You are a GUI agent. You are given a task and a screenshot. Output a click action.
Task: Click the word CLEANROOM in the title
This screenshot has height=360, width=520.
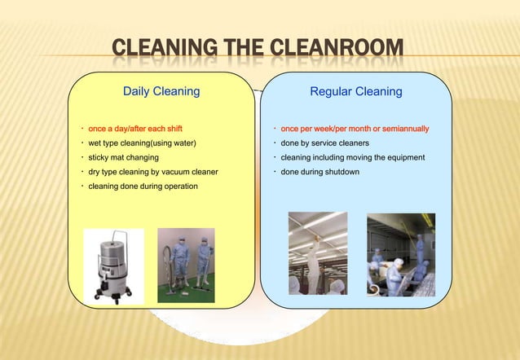pos(332,55)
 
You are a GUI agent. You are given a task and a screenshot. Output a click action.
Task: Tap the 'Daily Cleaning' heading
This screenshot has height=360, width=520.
pos(161,92)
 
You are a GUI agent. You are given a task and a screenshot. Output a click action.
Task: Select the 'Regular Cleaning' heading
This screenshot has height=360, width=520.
pos(356,92)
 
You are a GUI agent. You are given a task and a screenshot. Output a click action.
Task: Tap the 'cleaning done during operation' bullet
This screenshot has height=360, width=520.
pos(142,187)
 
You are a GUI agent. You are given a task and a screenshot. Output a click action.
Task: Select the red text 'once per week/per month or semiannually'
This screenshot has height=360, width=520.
pos(355,129)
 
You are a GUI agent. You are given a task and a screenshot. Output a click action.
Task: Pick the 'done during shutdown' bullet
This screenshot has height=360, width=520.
pos(319,172)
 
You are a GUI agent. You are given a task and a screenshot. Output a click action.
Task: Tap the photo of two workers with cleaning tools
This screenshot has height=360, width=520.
pos(186,265)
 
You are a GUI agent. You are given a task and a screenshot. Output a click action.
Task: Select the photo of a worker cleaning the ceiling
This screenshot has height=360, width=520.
pos(319,252)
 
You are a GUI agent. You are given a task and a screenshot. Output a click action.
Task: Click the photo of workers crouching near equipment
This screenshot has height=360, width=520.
pos(400,254)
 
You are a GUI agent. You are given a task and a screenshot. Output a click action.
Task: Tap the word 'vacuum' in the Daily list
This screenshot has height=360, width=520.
pos(175,172)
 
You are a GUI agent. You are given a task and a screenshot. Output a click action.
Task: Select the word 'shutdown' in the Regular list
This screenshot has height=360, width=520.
pos(342,172)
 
